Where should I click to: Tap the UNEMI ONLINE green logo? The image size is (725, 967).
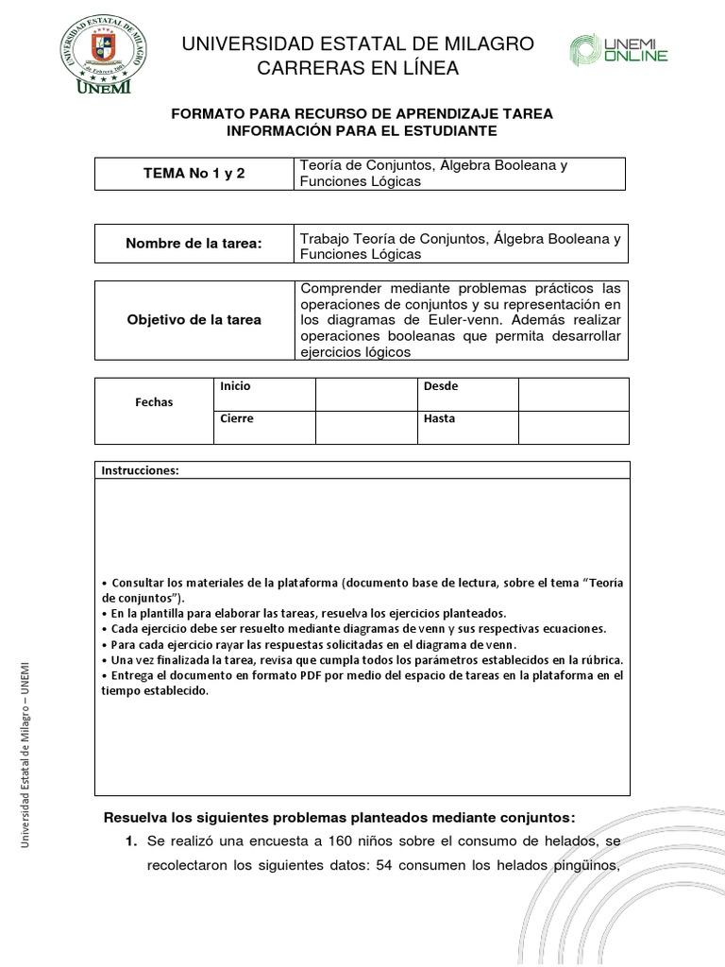click(x=618, y=50)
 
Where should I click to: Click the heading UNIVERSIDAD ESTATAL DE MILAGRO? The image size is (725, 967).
click(x=358, y=44)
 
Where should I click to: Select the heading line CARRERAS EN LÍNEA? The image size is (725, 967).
click(x=358, y=68)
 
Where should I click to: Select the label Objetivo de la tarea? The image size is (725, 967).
click(x=194, y=320)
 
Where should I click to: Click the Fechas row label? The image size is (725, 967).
click(x=154, y=401)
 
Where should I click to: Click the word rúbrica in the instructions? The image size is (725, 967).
click(x=599, y=659)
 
